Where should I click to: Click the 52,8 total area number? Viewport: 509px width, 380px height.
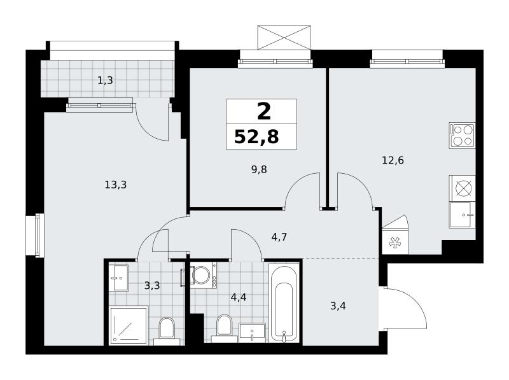[x=256, y=137]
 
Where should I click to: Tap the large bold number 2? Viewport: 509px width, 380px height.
[x=264, y=111]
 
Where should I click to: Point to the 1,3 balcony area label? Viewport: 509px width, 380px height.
[x=105, y=80]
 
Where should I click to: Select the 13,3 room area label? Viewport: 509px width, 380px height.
[x=116, y=185]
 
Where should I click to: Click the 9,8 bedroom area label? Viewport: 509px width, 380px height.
[x=259, y=169]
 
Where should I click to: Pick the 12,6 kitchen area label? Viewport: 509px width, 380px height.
[x=393, y=160]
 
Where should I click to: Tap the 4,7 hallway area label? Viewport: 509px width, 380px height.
[x=279, y=237]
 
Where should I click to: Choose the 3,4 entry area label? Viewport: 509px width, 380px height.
[x=338, y=306]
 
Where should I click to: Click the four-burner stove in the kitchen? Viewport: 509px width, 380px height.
[x=462, y=136]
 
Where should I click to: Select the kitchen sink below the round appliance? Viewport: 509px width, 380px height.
[x=463, y=215]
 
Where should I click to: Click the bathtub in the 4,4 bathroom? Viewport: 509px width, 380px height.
[x=283, y=303]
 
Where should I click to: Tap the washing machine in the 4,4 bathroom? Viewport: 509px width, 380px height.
[x=204, y=276]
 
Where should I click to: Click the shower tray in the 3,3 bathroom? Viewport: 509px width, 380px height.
[x=129, y=325]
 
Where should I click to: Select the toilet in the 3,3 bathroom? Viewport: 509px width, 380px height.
[x=167, y=331]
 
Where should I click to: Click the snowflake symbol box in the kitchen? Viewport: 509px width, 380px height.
[x=394, y=242]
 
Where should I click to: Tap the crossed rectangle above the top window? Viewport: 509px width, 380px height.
[x=284, y=38]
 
